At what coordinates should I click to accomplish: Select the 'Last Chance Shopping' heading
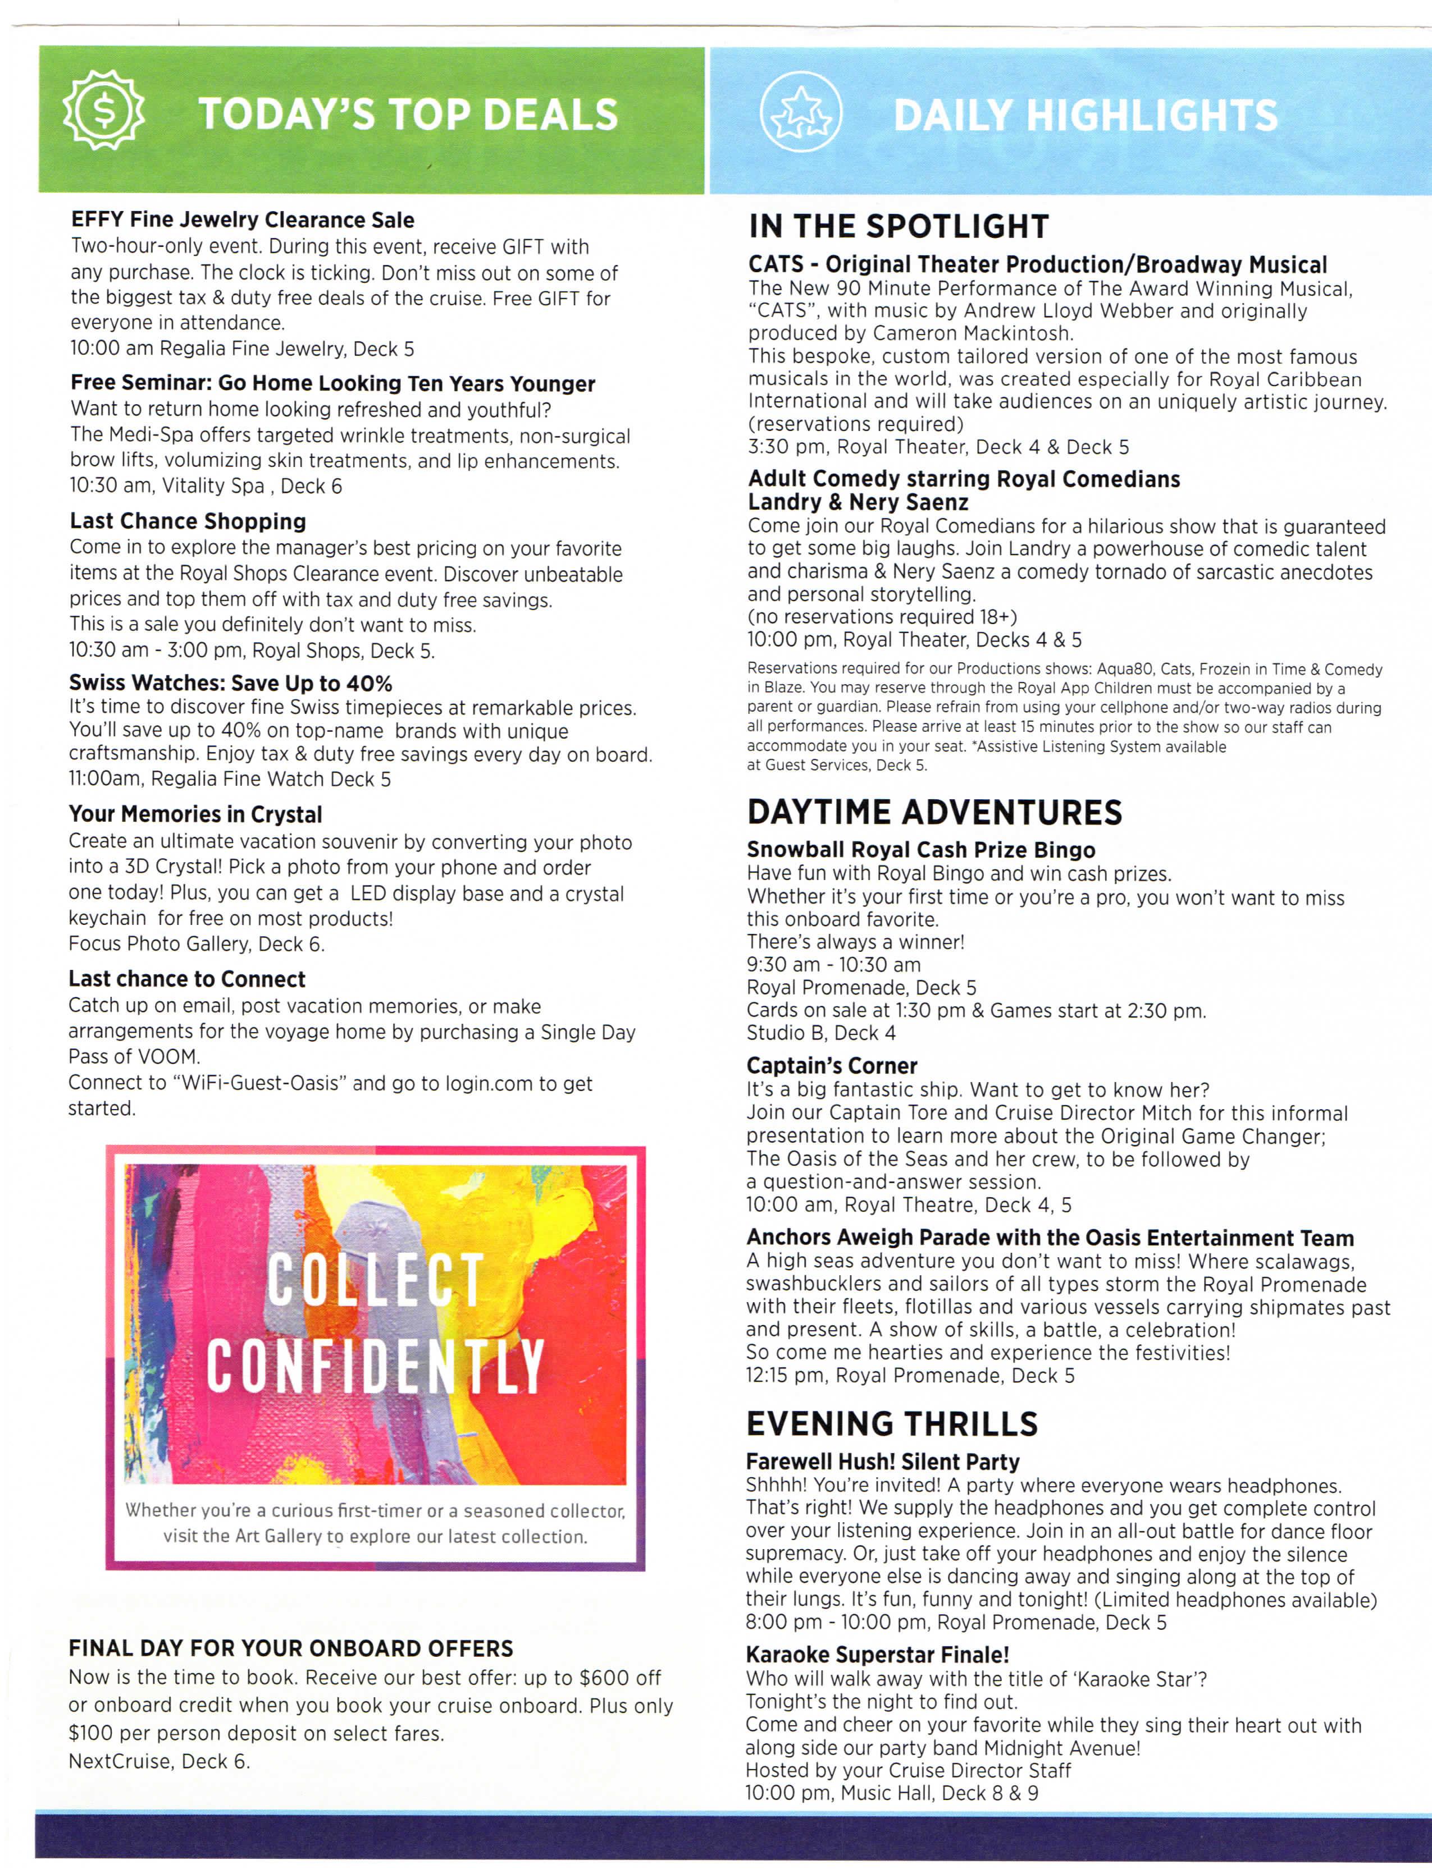[x=188, y=521]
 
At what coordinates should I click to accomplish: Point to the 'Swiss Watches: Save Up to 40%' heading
[x=230, y=683]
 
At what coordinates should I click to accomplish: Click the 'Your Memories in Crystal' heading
[x=195, y=814]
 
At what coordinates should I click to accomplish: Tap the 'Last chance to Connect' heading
[x=186, y=979]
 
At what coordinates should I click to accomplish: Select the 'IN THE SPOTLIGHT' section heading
[x=899, y=227]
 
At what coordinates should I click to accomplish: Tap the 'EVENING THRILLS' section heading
[x=892, y=1423]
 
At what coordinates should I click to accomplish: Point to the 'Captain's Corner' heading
[x=832, y=1066]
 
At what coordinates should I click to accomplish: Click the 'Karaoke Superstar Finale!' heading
[x=877, y=1655]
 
